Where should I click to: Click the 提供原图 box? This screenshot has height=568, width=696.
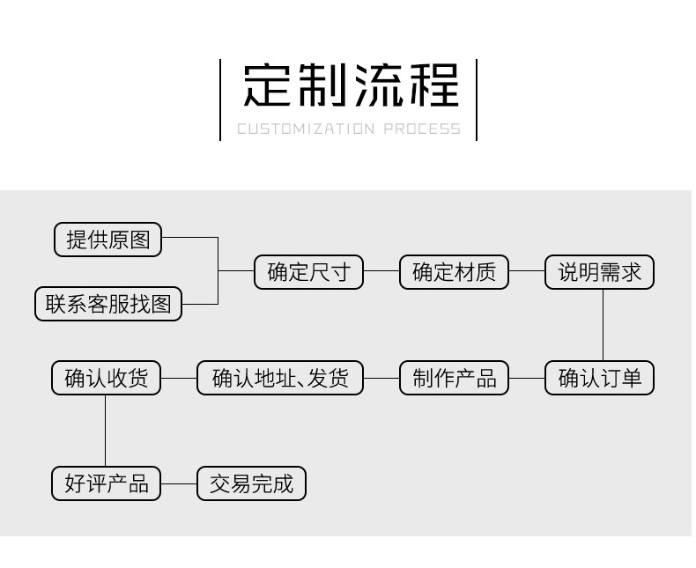pyautogui.click(x=108, y=240)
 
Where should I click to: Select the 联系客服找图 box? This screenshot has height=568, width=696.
pyautogui.click(x=108, y=304)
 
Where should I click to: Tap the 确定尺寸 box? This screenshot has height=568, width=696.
pyautogui.click(x=308, y=272)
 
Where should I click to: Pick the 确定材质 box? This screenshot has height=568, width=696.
pyautogui.click(x=454, y=272)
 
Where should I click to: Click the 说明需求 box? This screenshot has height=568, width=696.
pyautogui.click(x=599, y=272)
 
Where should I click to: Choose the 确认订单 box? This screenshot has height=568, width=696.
pyautogui.click(x=599, y=379)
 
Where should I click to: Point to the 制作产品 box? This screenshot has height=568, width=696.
pyautogui.click(x=454, y=379)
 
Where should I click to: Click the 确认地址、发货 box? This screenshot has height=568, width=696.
pyautogui.click(x=280, y=379)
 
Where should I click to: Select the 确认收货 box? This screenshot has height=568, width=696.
pyautogui.click(x=106, y=379)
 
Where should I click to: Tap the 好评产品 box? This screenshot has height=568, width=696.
pyautogui.click(x=106, y=483)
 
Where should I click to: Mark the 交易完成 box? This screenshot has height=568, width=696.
pyautogui.click(x=251, y=483)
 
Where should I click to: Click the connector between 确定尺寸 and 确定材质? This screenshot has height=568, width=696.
pyautogui.click(x=381, y=272)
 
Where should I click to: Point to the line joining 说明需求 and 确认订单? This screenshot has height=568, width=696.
pyautogui.click(x=603, y=325)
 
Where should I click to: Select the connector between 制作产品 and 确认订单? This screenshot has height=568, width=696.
pyautogui.click(x=527, y=379)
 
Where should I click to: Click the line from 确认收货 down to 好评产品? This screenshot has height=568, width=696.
pyautogui.click(x=106, y=431)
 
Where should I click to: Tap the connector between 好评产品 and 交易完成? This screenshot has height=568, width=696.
pyautogui.click(x=179, y=483)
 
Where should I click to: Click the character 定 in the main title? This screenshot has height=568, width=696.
pyautogui.click(x=268, y=85)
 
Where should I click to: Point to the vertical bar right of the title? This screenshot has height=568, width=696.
pyautogui.click(x=477, y=100)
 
